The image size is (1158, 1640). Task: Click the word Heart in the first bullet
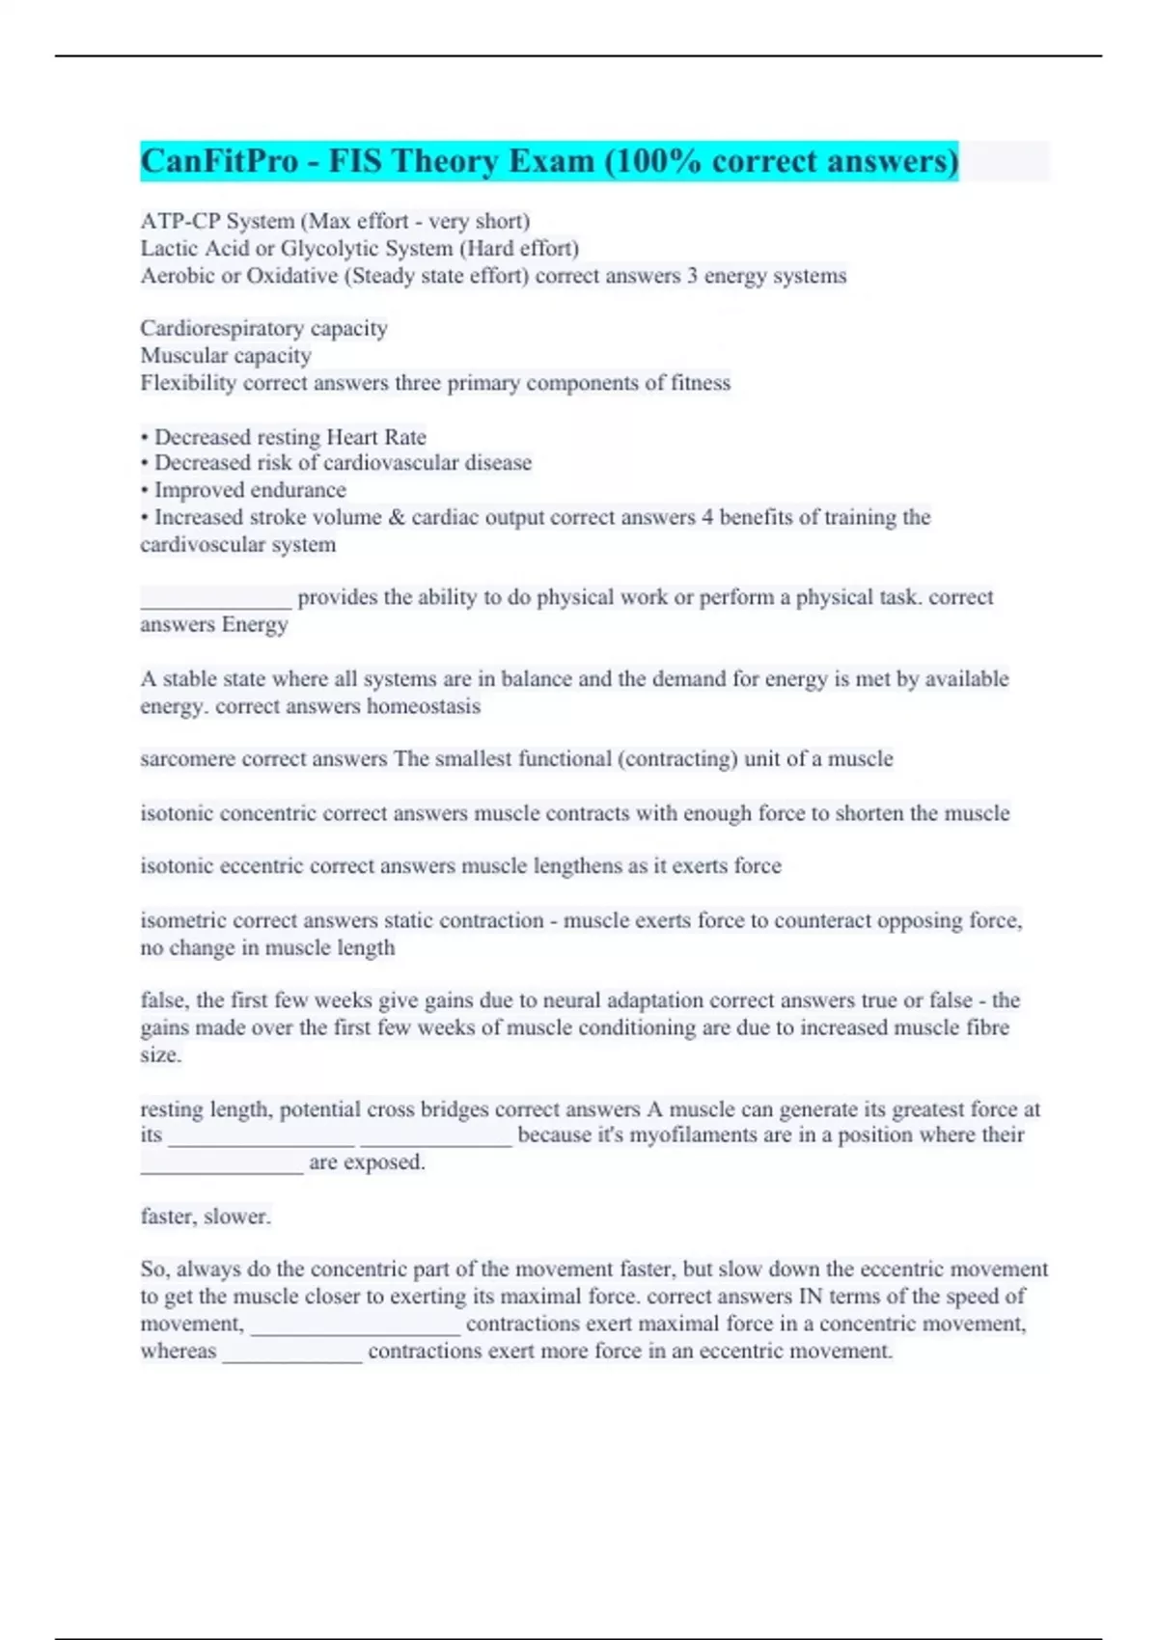(x=351, y=437)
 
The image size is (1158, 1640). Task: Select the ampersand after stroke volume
(x=397, y=517)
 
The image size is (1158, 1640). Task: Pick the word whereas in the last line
(x=179, y=1351)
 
